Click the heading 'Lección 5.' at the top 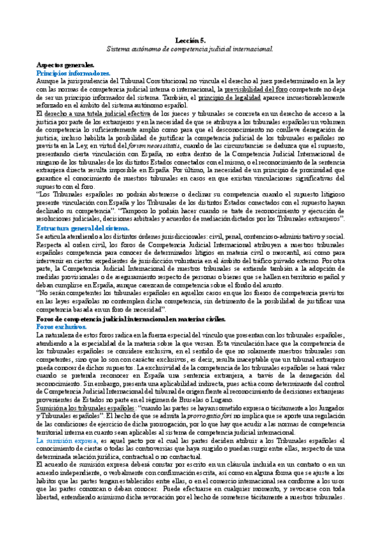(190, 40)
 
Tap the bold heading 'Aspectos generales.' (66, 65)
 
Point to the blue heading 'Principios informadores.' (73, 73)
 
